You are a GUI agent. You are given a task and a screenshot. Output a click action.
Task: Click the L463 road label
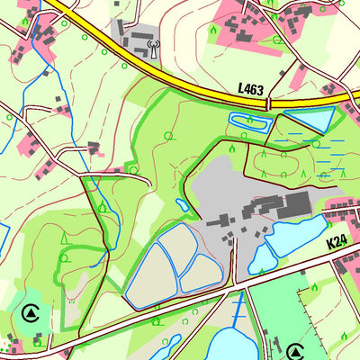[x=251, y=88]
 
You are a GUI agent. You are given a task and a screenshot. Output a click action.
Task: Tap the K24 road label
[x=337, y=241]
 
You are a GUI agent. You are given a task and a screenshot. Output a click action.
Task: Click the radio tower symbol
[x=150, y=44]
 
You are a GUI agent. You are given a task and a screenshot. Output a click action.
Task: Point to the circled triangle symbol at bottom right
[x=295, y=350]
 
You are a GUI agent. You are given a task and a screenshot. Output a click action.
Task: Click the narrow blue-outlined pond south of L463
[x=247, y=120]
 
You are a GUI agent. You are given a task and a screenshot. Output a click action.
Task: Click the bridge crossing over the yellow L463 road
[x=268, y=104]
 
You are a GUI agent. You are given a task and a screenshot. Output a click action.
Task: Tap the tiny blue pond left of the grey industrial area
[x=182, y=205]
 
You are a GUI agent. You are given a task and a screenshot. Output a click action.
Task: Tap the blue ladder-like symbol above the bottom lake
[x=237, y=310]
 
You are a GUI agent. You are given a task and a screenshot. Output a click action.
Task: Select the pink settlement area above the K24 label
[x=342, y=211]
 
